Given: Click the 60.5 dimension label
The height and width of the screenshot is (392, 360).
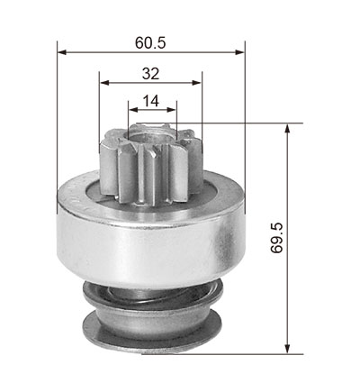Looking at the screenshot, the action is pos(150,42).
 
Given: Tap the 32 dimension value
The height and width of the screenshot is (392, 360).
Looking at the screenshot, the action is pos(150,74).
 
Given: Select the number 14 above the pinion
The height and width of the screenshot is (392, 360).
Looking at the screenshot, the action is pos(150,101).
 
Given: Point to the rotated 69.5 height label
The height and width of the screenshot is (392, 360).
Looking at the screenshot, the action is pos(276,238).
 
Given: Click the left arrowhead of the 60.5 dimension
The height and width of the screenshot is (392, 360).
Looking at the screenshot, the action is pos(61,52).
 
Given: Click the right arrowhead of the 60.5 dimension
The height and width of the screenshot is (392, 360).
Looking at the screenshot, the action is pos(240,52).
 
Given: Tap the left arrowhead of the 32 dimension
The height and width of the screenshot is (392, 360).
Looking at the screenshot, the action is pos(103,83).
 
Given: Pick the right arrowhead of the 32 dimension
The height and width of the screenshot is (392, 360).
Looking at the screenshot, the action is pos(197,83).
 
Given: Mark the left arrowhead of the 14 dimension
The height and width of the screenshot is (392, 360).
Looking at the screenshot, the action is pos(133,110).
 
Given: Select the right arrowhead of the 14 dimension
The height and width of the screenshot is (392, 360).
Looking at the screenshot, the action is pos(172,110).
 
